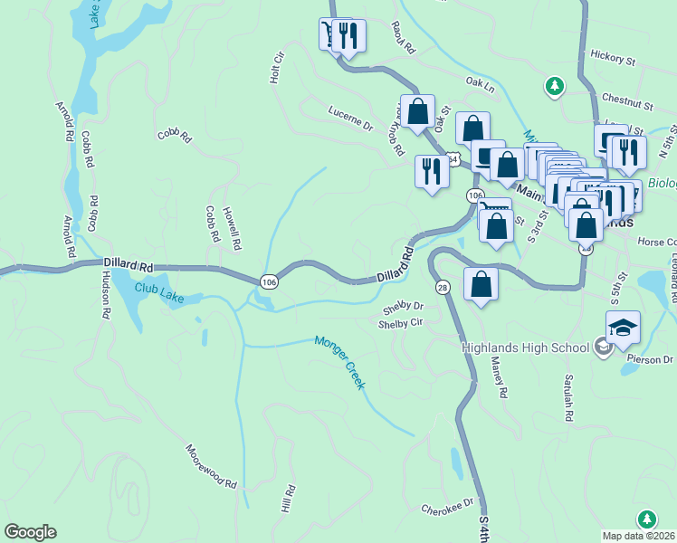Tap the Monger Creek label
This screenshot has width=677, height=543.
pyautogui.click(x=339, y=363)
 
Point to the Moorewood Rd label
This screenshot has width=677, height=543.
pyautogui.click(x=211, y=463)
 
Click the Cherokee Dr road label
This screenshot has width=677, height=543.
pyautogui.click(x=447, y=506)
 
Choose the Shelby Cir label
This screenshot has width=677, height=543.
pyautogui.click(x=401, y=323)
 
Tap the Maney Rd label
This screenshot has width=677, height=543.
pyautogui.click(x=498, y=377)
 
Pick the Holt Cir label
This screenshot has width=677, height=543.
pyautogui.click(x=277, y=69)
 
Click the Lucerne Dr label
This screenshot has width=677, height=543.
pyautogui.click(x=350, y=121)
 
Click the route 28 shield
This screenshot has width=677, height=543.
pyautogui.click(x=443, y=286)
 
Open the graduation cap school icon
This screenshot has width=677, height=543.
pyautogui.click(x=624, y=328)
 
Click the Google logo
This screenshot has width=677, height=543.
pyautogui.click(x=30, y=532)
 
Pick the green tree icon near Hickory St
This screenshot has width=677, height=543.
pyautogui.click(x=554, y=86)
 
